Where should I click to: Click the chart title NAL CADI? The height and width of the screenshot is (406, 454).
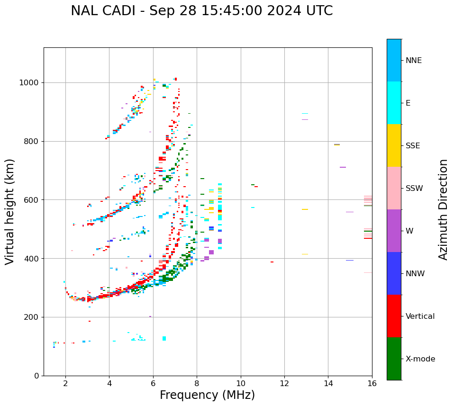[x=201, y=11]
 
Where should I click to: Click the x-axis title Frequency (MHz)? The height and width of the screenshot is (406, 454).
[x=207, y=395]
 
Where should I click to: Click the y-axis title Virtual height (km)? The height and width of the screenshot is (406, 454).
[x=10, y=212]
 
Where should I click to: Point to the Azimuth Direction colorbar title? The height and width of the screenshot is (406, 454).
[x=443, y=209]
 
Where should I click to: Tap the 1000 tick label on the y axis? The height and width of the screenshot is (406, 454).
[x=29, y=83]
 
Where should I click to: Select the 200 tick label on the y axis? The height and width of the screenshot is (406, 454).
[x=32, y=317]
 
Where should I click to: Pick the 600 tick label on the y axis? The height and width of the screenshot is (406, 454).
[x=32, y=200]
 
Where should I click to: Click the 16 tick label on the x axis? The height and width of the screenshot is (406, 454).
[x=372, y=383]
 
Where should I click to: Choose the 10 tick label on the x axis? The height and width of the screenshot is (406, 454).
[x=241, y=383]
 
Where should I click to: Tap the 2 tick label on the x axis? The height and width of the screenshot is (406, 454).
[x=65, y=383]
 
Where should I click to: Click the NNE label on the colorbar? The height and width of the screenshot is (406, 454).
[x=414, y=61]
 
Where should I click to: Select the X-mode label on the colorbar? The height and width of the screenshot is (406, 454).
[x=420, y=359]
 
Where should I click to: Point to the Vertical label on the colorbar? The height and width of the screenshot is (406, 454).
[x=420, y=316]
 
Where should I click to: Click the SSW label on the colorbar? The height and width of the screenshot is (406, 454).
[x=414, y=189]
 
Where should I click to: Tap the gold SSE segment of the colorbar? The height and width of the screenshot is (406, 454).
[x=394, y=145]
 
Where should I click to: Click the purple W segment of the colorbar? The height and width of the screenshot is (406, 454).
[x=394, y=231]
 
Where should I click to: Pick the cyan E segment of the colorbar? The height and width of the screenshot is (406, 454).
[x=394, y=103]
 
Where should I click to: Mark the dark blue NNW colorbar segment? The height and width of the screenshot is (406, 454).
[x=394, y=273]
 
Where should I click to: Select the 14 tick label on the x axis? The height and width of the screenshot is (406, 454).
[x=328, y=383]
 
